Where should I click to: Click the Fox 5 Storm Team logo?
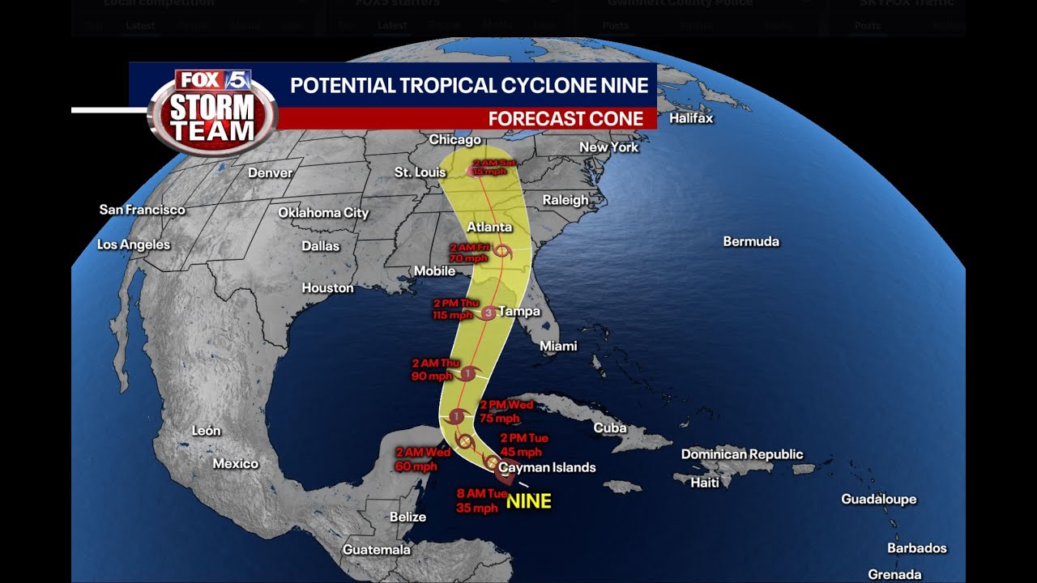click(x=213, y=113)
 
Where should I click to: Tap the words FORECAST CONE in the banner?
click(x=565, y=119)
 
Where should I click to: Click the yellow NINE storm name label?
click(x=528, y=501)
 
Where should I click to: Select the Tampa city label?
click(x=519, y=311)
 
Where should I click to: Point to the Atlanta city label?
click(x=489, y=227)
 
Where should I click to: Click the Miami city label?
click(x=558, y=347)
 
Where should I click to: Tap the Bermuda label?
click(x=750, y=241)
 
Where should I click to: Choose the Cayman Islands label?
click(x=547, y=467)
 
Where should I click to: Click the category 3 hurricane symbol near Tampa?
click(x=489, y=313)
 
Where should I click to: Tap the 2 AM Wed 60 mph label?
click(x=422, y=459)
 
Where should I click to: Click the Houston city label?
click(x=327, y=287)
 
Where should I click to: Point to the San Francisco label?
click(x=142, y=210)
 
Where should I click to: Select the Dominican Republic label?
click(x=741, y=454)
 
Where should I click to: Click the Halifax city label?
click(x=691, y=118)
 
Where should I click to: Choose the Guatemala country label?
click(x=376, y=550)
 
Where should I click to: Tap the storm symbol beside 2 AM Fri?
click(x=503, y=253)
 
